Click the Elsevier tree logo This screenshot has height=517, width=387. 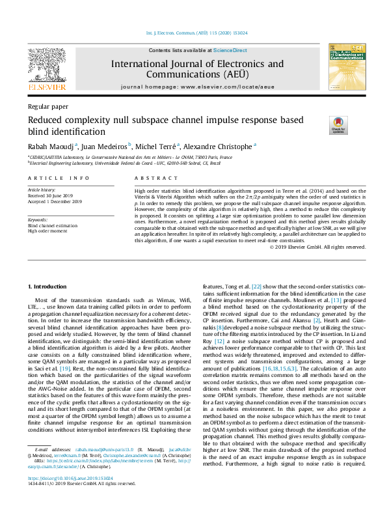coord(46,68)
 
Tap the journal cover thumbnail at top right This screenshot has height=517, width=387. coord(345,68)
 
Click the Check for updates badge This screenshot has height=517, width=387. coord(339,124)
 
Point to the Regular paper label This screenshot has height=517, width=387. coord(47,106)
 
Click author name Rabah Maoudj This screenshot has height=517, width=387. coord(50,147)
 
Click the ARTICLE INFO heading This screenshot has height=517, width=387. coord(59,178)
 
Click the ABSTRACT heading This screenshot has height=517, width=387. coord(147,178)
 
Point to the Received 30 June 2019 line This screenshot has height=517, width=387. coord(54,196)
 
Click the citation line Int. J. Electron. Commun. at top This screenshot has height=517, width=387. coord(193,32)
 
